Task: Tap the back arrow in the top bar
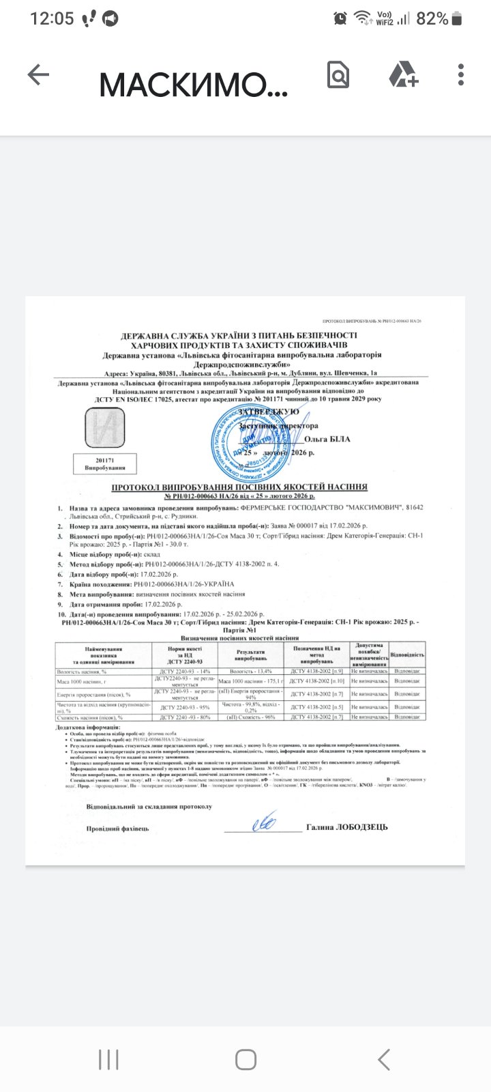(38, 75)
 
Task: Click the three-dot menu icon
(462, 75)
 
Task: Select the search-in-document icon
(338, 75)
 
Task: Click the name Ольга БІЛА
(328, 439)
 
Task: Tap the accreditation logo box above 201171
(104, 428)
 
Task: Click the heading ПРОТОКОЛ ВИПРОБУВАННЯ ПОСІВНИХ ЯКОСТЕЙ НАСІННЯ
(239, 487)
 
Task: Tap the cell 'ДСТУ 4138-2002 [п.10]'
(317, 682)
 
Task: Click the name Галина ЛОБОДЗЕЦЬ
(347, 827)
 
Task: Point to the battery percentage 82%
(432, 18)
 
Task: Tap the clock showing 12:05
(52, 18)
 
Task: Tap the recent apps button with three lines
(108, 1059)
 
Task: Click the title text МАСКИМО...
(193, 84)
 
